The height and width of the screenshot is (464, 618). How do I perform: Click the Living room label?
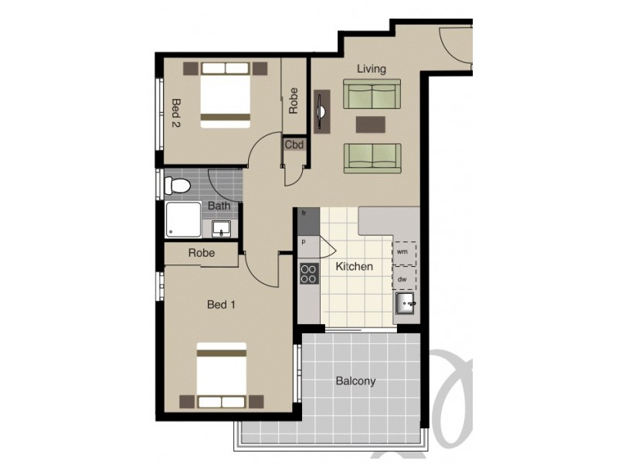[x=371, y=69]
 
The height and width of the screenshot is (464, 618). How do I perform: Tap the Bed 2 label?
[x=176, y=112]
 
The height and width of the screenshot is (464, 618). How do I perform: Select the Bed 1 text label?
[x=221, y=305]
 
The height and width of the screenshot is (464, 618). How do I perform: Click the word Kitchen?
[x=354, y=267]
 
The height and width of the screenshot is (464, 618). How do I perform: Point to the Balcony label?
[x=355, y=381]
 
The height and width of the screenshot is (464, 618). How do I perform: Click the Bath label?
[x=219, y=206]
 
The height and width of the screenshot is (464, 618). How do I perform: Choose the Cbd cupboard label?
[x=294, y=145]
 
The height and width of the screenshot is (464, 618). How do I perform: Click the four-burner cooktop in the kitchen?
[x=309, y=273]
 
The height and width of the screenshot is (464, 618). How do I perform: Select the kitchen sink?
[x=405, y=304]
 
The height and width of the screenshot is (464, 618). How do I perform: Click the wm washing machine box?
[x=404, y=252]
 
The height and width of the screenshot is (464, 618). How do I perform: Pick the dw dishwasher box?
[x=404, y=278]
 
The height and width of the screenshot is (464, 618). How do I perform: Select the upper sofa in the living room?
[x=371, y=97]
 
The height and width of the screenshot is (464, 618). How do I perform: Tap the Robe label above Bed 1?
[x=201, y=254]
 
